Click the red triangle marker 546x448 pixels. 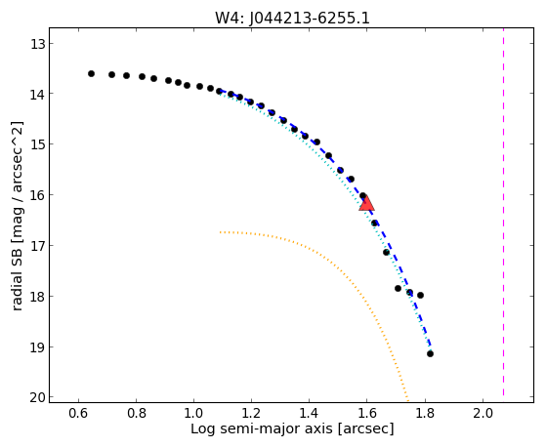(x=366, y=203)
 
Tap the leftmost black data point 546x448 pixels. (x=91, y=73)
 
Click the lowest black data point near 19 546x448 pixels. (x=430, y=353)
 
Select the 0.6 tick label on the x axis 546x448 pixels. (x=78, y=413)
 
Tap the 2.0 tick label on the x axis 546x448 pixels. (x=483, y=413)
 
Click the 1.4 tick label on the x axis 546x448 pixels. (x=309, y=413)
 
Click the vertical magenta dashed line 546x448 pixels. (x=504, y=216)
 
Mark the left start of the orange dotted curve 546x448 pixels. (x=221, y=232)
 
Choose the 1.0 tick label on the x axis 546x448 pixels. (x=193, y=413)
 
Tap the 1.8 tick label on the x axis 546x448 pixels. (x=424, y=413)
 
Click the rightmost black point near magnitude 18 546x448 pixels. (x=420, y=295)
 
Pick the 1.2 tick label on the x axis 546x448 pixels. (x=251, y=413)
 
